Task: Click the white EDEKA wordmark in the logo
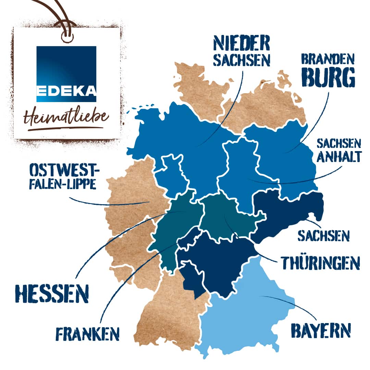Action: click(66, 91)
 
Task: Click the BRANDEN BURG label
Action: click(328, 71)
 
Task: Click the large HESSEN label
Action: click(52, 293)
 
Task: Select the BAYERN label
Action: click(321, 330)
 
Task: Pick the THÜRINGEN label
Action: click(320, 262)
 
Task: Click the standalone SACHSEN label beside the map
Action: click(323, 236)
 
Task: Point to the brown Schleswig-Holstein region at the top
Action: click(195, 86)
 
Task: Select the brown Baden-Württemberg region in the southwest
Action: click(168, 315)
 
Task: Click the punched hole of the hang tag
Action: click(67, 37)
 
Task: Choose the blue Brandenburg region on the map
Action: click(288, 154)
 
